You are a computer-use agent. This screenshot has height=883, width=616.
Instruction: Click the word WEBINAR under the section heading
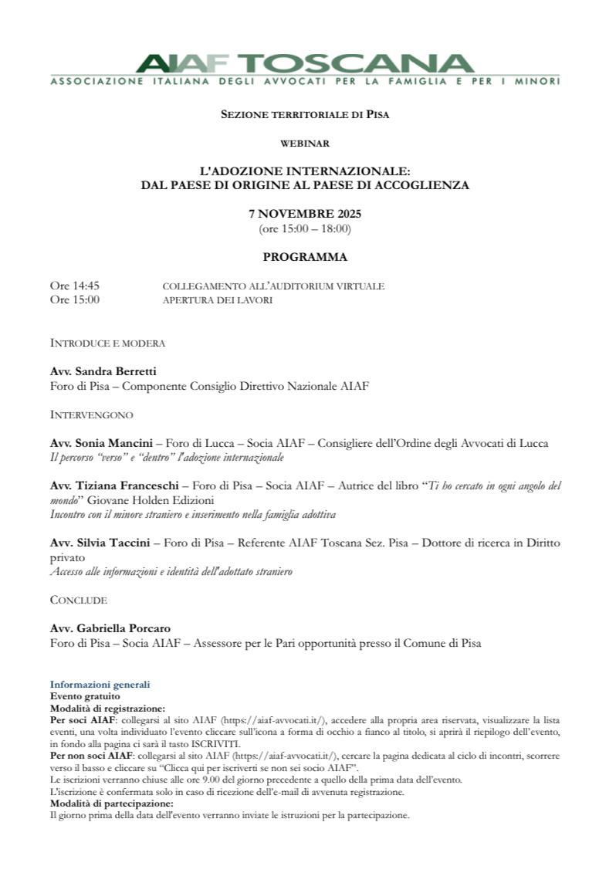[x=304, y=143]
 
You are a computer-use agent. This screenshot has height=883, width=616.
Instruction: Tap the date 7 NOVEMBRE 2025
[x=304, y=214]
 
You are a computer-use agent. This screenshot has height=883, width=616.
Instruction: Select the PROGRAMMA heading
[x=304, y=257]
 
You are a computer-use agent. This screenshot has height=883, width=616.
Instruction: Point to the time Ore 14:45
[x=75, y=286]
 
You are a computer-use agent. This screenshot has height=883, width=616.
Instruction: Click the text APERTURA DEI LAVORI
[x=217, y=300]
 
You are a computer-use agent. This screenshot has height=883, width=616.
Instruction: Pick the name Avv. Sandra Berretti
[x=103, y=371]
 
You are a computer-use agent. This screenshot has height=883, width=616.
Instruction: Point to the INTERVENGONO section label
[x=91, y=414]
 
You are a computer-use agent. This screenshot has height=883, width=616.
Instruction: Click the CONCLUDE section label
[x=79, y=600]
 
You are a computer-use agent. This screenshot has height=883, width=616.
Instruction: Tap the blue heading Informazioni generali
[x=100, y=685]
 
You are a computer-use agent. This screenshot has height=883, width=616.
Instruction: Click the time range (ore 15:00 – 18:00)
[x=304, y=228]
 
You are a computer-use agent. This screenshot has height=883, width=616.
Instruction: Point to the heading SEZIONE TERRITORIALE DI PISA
[x=304, y=114]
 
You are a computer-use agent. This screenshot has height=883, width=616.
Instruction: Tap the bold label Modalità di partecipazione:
[x=101, y=803]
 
